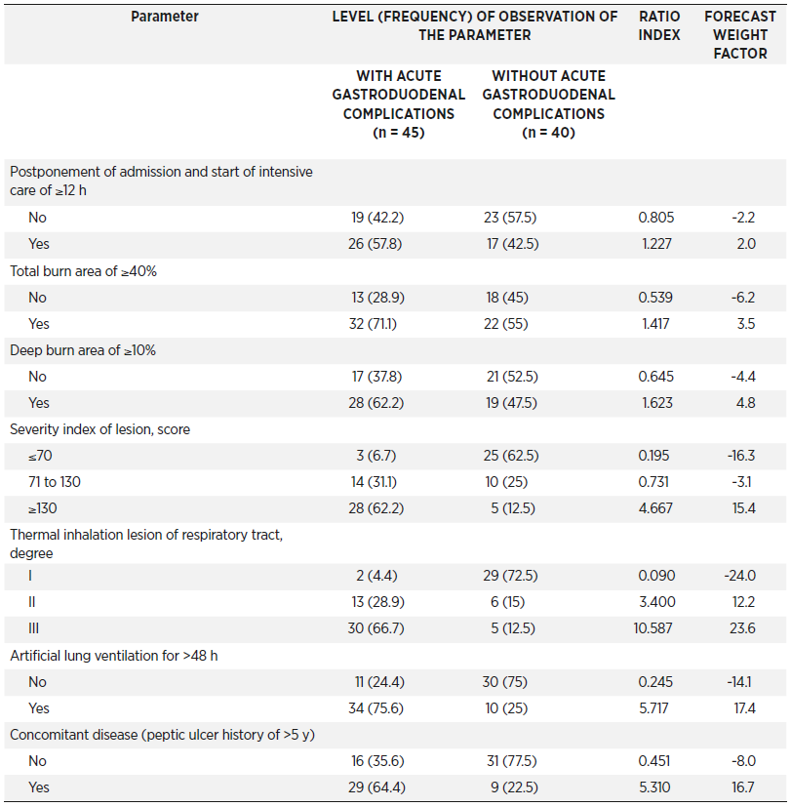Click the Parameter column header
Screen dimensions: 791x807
tap(165, 17)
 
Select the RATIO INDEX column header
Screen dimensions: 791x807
tap(658, 25)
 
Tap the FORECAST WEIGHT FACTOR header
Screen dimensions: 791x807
tap(740, 35)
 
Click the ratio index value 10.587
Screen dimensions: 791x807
tap(653, 628)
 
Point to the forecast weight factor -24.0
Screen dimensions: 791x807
tap(740, 576)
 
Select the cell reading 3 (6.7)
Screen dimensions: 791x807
tap(376, 456)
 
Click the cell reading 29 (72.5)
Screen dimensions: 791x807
tap(510, 576)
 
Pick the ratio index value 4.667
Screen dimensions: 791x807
tap(655, 508)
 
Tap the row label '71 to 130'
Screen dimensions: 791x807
tap(55, 482)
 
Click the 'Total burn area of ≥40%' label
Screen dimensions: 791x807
tap(83, 271)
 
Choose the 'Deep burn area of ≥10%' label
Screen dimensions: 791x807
tap(83, 350)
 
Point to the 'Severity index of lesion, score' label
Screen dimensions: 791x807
tap(99, 429)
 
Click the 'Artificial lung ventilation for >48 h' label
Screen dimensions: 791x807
tap(114, 656)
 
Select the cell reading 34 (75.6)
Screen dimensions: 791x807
tap(376, 708)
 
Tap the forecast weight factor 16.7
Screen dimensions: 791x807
tap(743, 787)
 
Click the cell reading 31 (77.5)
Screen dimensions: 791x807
tap(512, 761)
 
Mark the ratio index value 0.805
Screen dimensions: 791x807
tap(655, 218)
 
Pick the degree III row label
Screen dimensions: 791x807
tap(33, 628)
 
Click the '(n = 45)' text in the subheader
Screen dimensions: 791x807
tap(399, 133)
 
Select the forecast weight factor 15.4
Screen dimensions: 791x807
tap(743, 508)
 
